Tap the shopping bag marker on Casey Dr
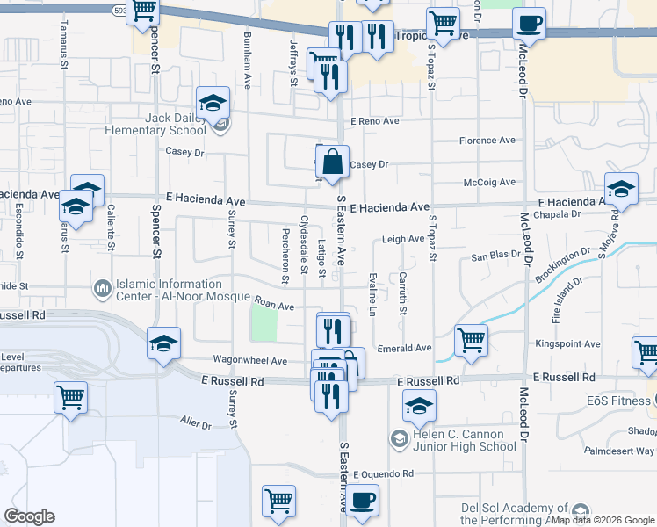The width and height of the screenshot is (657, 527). pos(333,162)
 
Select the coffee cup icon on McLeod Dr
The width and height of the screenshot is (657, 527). pos(530,23)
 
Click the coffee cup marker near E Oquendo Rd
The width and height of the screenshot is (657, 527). pos(362,500)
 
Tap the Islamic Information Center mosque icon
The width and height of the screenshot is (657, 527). pos(103,288)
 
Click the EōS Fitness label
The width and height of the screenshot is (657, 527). pos(620,401)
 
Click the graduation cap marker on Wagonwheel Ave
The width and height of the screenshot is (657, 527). pos(164,343)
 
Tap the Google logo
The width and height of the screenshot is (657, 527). pos(29,516)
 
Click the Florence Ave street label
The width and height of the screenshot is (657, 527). pos(487,141)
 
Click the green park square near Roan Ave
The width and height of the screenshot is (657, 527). pos(264,326)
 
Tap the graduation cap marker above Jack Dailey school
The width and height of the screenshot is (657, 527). pos(213,102)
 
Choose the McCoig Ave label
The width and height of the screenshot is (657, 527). pos(490,183)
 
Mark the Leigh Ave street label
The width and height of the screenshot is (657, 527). pos(403,239)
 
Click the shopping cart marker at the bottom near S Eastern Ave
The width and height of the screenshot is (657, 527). pos(278,501)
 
